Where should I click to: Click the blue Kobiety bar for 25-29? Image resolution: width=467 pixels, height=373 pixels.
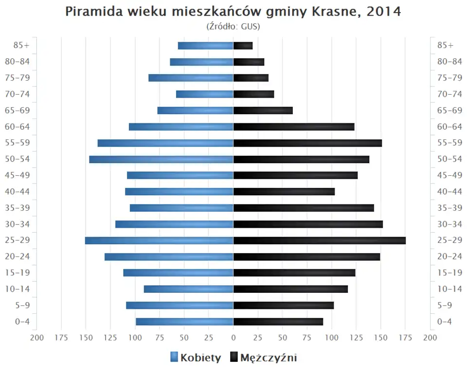click(159, 240)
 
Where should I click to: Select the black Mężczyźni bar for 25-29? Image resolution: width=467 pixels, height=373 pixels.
click(319, 240)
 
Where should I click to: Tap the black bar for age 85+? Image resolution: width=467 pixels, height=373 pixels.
click(243, 46)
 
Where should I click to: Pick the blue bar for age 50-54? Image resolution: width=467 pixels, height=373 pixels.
click(161, 159)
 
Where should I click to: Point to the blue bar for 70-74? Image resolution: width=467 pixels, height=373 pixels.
click(204, 94)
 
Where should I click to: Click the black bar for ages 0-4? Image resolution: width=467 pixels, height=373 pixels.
click(278, 322)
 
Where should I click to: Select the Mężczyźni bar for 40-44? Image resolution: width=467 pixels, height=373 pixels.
click(284, 191)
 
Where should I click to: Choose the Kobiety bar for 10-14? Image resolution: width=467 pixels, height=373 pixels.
click(188, 289)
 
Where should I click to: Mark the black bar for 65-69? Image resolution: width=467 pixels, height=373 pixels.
click(263, 110)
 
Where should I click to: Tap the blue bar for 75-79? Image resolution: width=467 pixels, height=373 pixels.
click(191, 78)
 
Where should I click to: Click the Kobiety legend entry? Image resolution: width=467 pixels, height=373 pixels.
click(196, 358)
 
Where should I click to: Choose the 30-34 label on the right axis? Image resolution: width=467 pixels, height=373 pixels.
click(449, 224)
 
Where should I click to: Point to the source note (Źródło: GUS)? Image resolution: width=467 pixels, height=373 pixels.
click(233, 27)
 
